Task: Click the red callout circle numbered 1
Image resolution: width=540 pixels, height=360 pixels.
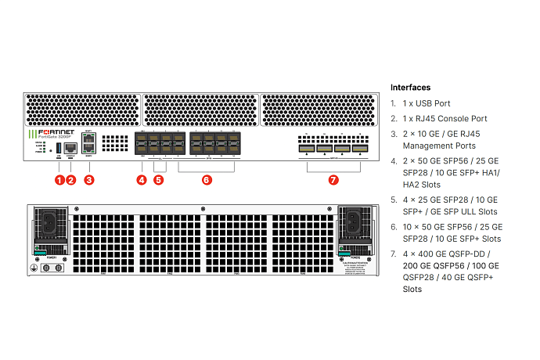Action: click(59, 179)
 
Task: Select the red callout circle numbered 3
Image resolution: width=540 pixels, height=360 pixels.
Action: click(89, 179)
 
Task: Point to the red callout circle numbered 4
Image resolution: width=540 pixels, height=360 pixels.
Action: click(142, 179)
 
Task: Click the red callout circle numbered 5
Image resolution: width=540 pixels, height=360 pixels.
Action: click(159, 179)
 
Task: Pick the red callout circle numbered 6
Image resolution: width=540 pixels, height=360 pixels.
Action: click(207, 179)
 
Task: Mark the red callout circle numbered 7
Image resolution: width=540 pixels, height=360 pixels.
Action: click(333, 179)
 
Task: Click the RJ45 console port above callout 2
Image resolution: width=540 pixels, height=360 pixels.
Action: click(71, 146)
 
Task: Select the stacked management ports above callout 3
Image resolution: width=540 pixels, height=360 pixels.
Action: click(89, 144)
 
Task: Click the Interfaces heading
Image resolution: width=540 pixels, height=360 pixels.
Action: click(410, 88)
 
